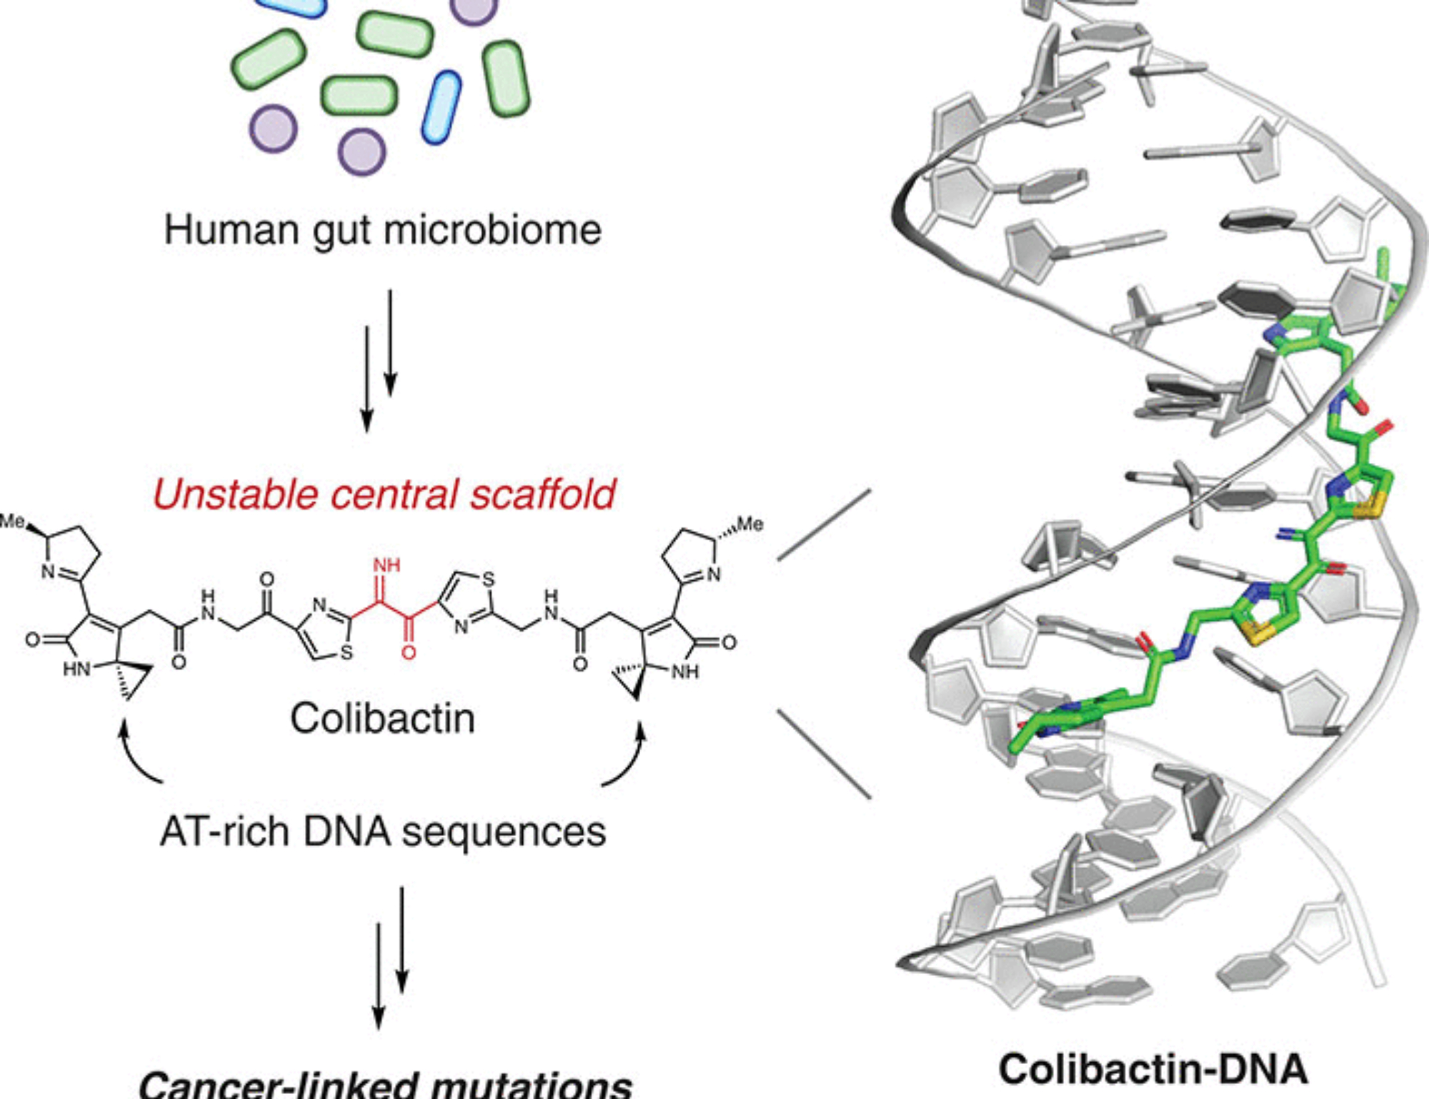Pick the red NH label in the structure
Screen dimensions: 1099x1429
tap(387, 565)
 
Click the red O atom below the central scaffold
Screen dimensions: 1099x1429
tap(408, 652)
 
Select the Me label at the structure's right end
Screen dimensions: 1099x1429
tap(750, 524)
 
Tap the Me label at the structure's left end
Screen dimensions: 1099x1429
tap(13, 521)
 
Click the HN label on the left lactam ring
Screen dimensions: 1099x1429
tap(76, 669)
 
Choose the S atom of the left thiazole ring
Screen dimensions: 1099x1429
tap(346, 652)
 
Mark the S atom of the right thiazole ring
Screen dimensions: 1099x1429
tap(488, 579)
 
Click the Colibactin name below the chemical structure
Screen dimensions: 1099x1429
tap(382, 717)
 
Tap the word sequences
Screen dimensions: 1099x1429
tap(504, 831)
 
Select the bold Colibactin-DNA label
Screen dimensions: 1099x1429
tap(1152, 1070)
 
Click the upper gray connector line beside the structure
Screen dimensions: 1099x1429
tap(824, 524)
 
